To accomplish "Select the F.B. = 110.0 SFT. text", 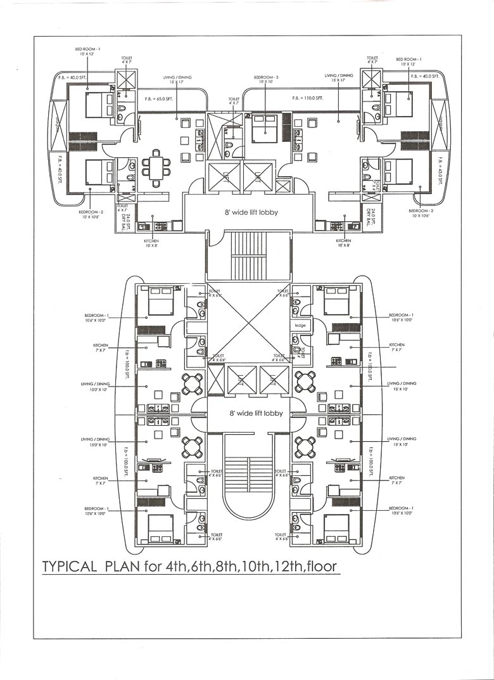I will tap(308, 99).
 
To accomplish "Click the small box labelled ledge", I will tap(300, 325).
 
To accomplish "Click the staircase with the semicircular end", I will tap(250, 482).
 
